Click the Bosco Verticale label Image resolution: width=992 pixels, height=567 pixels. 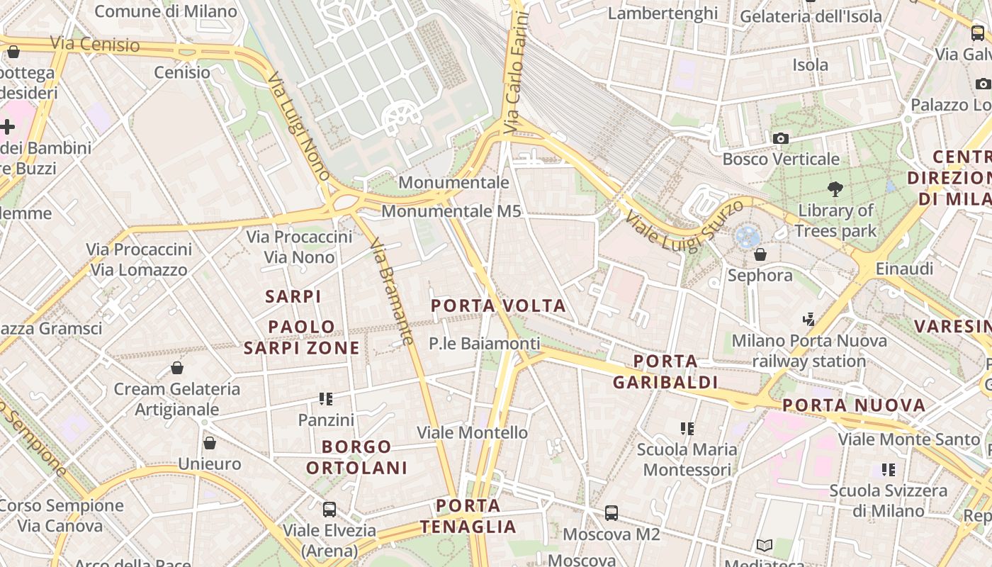(x=781, y=159)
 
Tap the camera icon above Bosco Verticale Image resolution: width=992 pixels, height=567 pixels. (x=781, y=138)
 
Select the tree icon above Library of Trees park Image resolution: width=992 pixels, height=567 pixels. (x=835, y=189)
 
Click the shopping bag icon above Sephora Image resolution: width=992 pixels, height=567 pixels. (x=760, y=254)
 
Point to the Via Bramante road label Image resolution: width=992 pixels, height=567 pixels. (x=392, y=291)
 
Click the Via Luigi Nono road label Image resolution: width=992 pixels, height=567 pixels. (x=300, y=128)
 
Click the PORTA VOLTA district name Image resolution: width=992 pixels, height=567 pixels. (x=499, y=305)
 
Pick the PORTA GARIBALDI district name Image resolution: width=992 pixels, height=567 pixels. (x=665, y=372)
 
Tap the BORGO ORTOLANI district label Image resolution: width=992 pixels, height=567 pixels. (x=356, y=457)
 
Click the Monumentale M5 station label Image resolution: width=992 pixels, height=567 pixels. (x=451, y=211)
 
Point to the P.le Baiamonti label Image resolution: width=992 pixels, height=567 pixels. (x=484, y=344)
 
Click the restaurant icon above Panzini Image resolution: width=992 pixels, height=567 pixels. (x=326, y=399)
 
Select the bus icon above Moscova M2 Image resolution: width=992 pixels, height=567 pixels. (x=611, y=512)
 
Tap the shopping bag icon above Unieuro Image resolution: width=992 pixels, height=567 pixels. (x=209, y=443)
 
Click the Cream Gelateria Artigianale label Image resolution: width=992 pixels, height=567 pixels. (x=177, y=399)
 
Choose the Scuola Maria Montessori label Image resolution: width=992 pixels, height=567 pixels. (x=687, y=459)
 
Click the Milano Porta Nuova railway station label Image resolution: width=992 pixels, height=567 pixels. (x=808, y=351)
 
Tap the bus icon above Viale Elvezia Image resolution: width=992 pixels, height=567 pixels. (x=329, y=509)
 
